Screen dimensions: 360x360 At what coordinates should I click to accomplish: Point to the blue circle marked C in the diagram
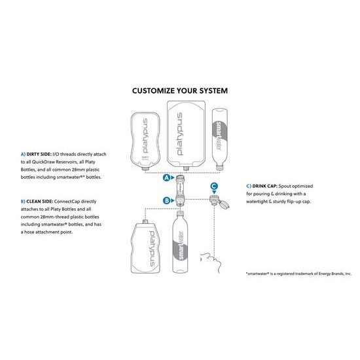point(213,186)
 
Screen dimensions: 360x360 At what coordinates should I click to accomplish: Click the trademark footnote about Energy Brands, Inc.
point(298,274)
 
